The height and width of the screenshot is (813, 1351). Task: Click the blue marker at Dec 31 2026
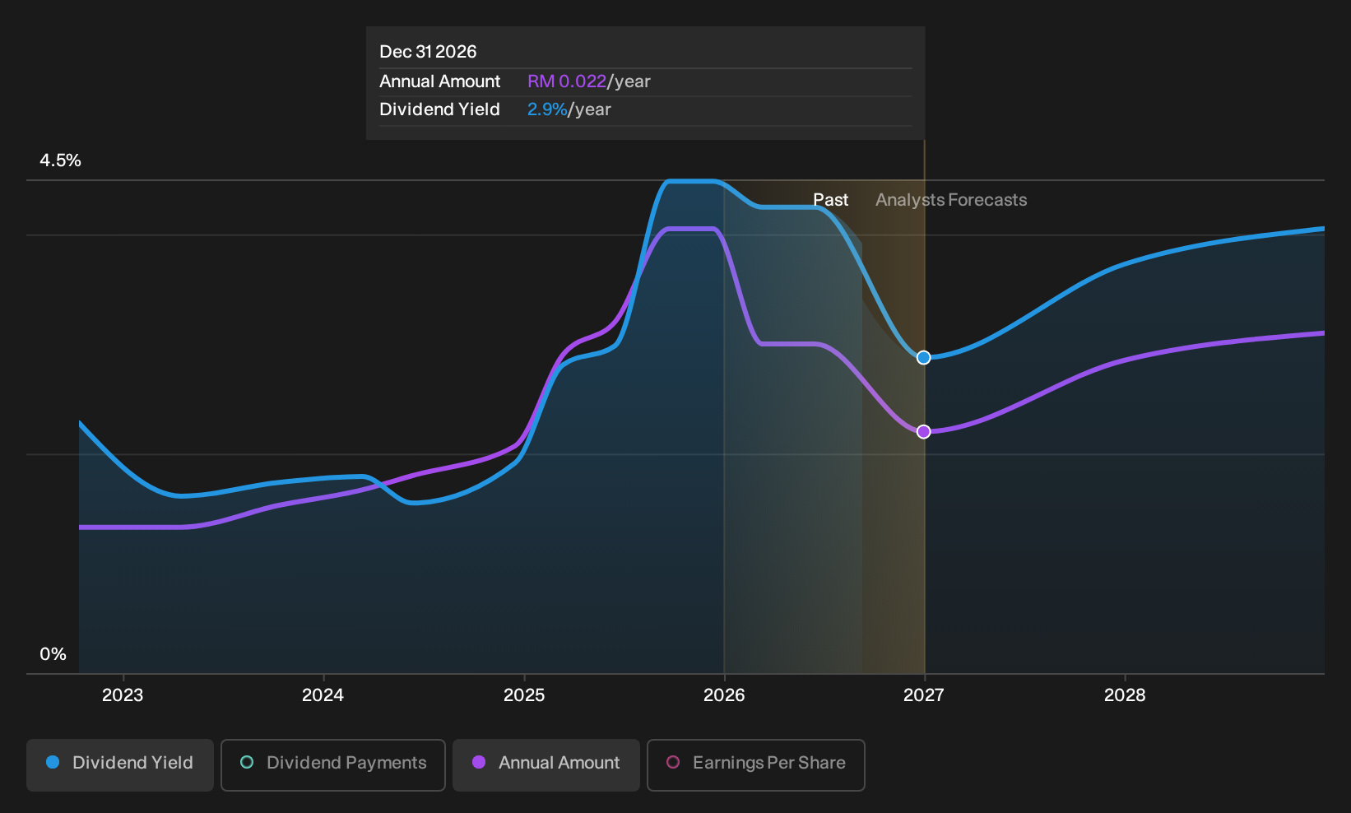click(x=923, y=358)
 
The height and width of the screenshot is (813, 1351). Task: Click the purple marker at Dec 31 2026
click(x=923, y=432)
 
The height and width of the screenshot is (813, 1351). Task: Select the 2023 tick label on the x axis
click(x=123, y=695)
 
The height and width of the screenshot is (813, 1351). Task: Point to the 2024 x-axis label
click(x=323, y=695)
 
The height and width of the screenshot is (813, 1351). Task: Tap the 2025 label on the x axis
click(x=523, y=695)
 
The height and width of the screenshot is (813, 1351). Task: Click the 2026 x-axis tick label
click(x=724, y=695)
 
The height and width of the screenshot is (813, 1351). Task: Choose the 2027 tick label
click(x=923, y=695)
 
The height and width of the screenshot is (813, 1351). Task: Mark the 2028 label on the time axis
click(x=1124, y=695)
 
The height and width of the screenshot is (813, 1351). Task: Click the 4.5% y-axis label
click(x=60, y=160)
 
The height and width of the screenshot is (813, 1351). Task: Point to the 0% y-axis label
click(x=53, y=654)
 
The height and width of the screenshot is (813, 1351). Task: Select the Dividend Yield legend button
click(x=120, y=764)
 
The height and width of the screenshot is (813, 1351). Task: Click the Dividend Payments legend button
click(x=333, y=764)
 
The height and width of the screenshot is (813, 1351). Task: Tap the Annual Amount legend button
click(x=546, y=764)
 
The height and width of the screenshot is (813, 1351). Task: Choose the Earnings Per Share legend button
click(x=755, y=764)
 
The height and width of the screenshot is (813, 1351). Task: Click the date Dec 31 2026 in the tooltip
click(x=428, y=52)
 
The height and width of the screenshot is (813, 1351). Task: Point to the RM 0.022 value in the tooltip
click(x=566, y=81)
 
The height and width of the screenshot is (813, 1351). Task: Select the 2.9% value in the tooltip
click(x=547, y=109)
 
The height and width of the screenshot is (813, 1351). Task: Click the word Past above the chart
click(x=830, y=200)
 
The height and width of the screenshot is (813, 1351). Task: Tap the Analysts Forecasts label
click(x=951, y=200)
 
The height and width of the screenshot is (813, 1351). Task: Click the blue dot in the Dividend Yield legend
click(x=53, y=762)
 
